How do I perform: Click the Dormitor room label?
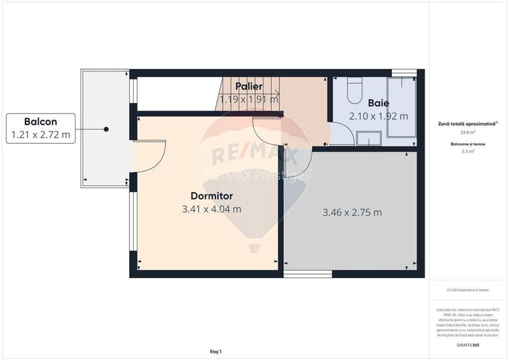(211, 196)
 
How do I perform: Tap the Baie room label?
(378, 102)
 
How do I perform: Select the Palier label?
(249, 86)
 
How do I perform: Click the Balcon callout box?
(41, 128)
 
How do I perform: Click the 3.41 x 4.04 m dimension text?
(212, 209)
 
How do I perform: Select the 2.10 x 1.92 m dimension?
(378, 116)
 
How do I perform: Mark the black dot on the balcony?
(106, 129)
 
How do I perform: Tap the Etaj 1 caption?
(215, 351)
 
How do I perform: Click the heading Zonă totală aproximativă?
(467, 124)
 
